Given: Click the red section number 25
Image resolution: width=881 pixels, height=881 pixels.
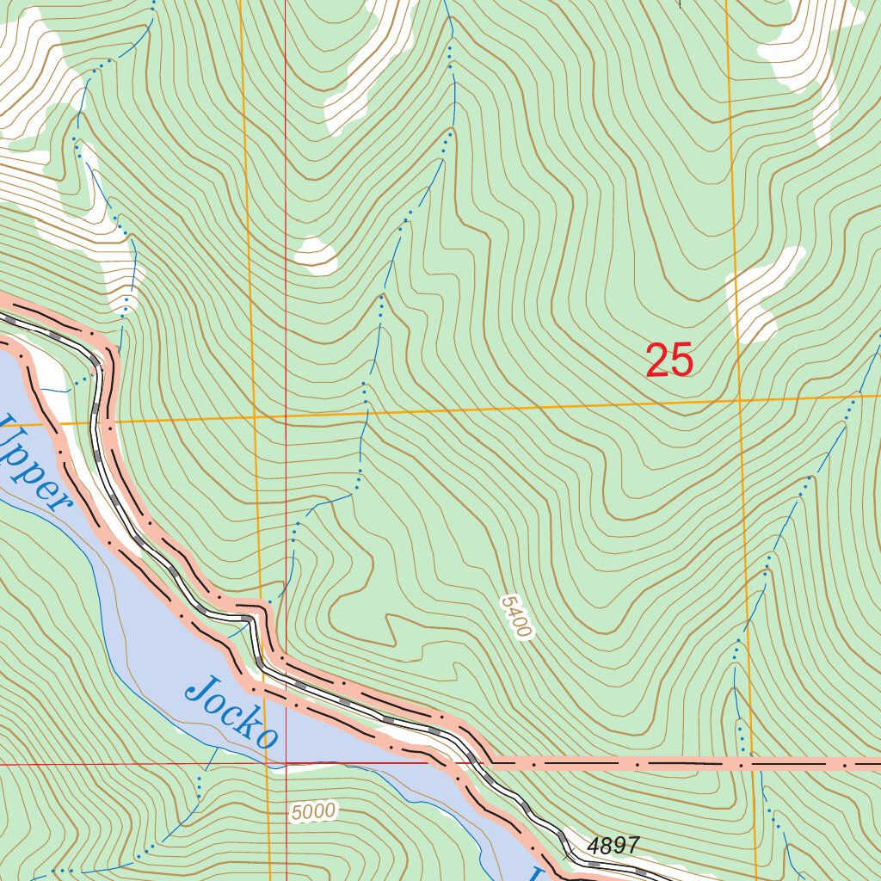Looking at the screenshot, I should pos(669,360).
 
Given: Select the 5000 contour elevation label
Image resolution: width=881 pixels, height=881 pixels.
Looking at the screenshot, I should pos(313,811).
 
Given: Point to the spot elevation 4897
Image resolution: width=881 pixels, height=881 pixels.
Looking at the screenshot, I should pos(613,846).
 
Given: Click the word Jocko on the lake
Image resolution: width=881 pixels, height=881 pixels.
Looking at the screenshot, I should pos(232,712).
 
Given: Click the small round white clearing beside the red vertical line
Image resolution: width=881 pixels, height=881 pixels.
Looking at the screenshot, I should pos(316,255).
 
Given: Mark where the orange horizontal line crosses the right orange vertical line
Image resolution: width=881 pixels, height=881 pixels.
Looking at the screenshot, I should pos(740,400).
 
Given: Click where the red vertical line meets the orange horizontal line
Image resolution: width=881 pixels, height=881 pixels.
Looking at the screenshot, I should pos(286,416).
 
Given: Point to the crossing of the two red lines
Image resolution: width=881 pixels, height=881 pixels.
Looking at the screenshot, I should pos(286,763).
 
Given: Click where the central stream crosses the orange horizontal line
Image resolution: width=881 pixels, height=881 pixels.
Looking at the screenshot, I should pos(366,413).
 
